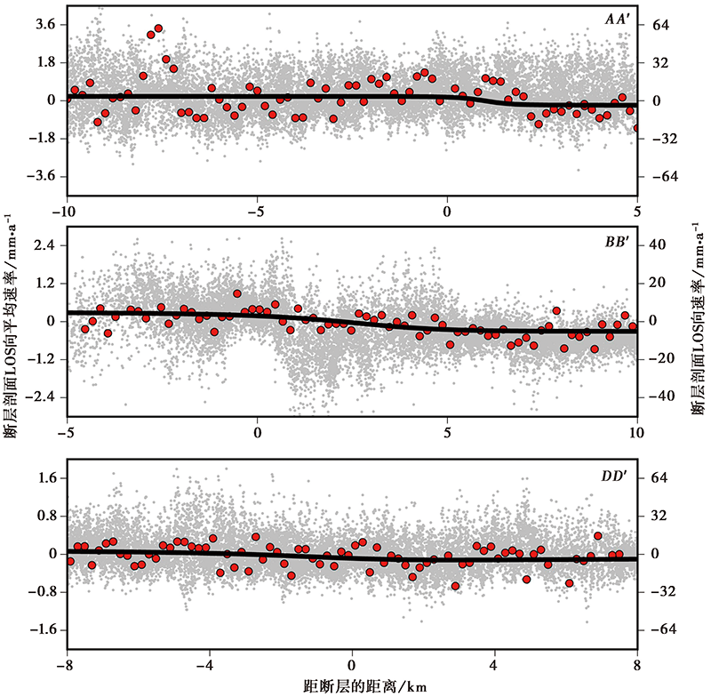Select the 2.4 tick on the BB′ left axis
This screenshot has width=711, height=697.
[44, 244]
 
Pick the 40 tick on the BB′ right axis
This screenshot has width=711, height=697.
[659, 244]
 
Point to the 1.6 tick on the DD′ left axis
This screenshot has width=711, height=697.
[44, 478]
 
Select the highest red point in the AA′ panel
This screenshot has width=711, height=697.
[158, 28]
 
